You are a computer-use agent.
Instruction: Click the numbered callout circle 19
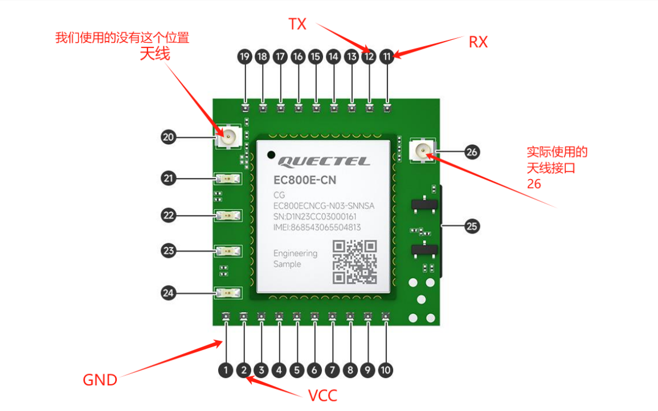coord(244,56)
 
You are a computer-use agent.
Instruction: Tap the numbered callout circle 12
coord(369,56)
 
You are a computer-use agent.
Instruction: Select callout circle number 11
coord(387,56)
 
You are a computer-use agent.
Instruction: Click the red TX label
coord(297,24)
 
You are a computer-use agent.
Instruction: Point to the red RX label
coord(479,42)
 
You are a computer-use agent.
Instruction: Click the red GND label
coord(100,380)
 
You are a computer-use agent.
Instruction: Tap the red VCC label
coord(322,396)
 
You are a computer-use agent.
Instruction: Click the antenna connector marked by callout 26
coord(422,151)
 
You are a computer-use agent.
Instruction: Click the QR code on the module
coord(355,262)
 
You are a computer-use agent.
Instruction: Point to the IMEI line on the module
coord(317,227)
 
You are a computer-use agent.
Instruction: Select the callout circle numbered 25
coord(472,226)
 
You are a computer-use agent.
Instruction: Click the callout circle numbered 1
coord(226,371)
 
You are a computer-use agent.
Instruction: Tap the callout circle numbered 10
coord(386,371)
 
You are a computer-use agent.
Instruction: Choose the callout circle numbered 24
coord(168,293)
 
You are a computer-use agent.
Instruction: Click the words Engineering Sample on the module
coord(295,259)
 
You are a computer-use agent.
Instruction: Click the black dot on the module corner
coord(272,154)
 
